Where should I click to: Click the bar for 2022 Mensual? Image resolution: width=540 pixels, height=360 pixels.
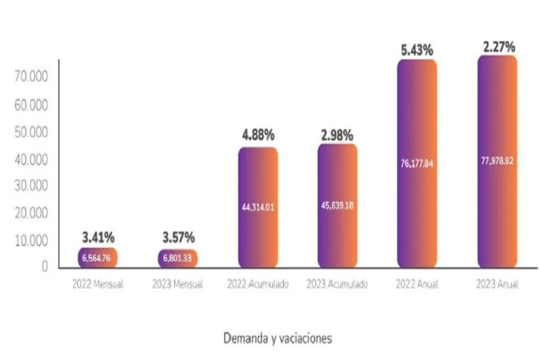98,257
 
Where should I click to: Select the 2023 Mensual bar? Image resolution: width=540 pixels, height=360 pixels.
178,257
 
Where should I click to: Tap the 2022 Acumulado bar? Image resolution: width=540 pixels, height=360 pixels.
258,207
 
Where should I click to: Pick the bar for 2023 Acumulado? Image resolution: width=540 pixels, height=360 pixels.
337,205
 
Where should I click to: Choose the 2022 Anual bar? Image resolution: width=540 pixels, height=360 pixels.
417,163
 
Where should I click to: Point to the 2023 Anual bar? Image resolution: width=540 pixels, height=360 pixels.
497,161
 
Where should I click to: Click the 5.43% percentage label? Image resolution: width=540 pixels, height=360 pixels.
416,50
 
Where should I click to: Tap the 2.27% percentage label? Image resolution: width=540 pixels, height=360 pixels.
499,47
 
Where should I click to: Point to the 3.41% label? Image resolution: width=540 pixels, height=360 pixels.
99,237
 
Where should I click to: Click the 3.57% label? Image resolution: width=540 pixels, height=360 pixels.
178,237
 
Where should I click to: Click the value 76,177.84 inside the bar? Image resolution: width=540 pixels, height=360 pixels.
416,162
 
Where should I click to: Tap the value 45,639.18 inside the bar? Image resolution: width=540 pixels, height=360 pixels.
337,205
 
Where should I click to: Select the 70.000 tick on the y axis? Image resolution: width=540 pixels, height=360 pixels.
31,78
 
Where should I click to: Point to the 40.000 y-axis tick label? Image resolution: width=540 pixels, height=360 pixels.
31,159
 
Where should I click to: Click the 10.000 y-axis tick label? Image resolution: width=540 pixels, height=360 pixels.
31,240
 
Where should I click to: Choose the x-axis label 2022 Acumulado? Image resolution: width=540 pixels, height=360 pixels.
257,284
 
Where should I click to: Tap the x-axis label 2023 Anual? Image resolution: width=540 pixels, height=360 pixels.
497,284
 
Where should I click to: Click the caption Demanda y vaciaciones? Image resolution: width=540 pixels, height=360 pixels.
277,338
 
